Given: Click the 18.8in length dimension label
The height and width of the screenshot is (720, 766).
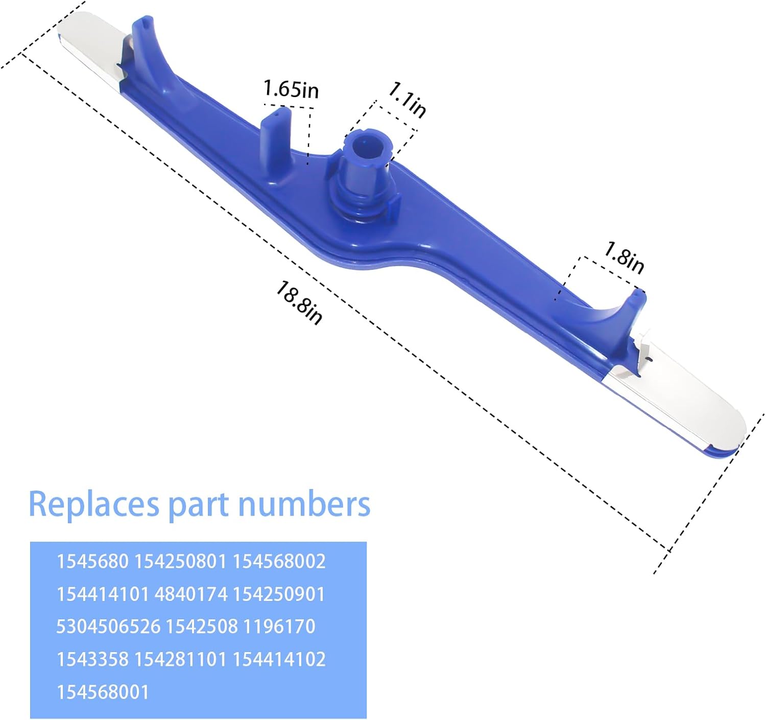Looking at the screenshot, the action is [299, 303].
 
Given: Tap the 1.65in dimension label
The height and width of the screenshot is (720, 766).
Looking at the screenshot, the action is [291, 89].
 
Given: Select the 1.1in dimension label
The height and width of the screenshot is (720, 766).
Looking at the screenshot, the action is [408, 100].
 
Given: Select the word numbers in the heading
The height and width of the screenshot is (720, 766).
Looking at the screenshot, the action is [304, 504].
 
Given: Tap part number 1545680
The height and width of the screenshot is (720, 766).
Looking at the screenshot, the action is [92, 561].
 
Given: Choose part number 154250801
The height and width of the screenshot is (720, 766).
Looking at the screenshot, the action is [180, 561].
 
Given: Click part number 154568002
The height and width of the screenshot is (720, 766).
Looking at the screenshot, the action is [279, 561].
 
